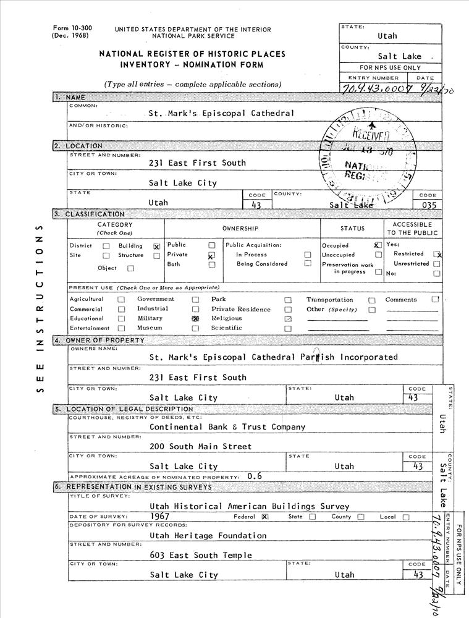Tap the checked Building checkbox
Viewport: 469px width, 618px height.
coord(156,246)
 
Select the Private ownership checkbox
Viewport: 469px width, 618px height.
coord(211,255)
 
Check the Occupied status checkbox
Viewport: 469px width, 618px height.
coord(377,245)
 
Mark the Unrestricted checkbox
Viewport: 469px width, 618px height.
coord(437,264)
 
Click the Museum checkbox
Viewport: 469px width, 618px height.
coord(195,328)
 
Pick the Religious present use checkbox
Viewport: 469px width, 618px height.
coord(288,319)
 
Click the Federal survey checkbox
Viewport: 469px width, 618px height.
coord(265,517)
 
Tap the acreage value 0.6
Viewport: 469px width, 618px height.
coord(254,476)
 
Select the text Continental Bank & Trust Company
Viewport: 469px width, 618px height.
coord(227,427)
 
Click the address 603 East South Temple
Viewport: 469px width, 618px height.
coord(201,555)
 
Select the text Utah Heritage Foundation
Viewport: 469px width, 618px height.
coord(208,535)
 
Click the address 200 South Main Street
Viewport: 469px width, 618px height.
coord(201,446)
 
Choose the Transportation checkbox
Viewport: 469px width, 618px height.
coord(372,300)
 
